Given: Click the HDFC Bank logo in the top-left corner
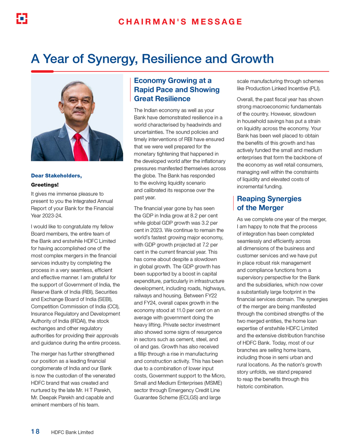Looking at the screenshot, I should click(x=21, y=19).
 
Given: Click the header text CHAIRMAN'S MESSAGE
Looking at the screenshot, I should click(x=180, y=21).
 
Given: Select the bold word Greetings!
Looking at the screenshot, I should click(x=45, y=185).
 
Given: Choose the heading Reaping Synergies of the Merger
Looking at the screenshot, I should click(x=263, y=203).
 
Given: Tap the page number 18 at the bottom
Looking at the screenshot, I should click(x=35, y=432).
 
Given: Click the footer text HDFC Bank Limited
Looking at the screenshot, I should click(x=72, y=432).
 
